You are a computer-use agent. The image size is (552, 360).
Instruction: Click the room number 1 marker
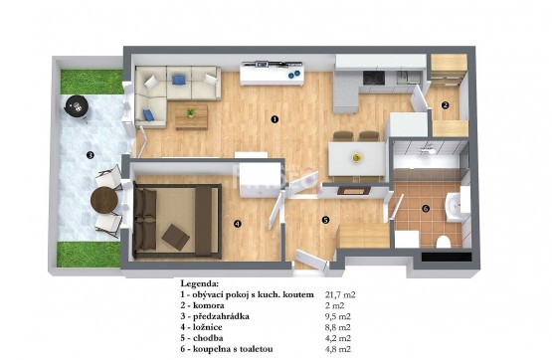[x=275, y=119]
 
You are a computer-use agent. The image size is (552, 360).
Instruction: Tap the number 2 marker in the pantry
[x=446, y=104]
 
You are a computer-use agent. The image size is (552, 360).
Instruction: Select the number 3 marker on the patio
[x=91, y=154]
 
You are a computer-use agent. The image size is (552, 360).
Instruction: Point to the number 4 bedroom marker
[x=238, y=223]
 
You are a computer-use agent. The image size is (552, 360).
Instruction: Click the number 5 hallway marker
[x=325, y=220]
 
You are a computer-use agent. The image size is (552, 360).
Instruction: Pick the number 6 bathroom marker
[x=426, y=209]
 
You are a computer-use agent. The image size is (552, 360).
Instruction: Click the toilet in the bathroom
[x=443, y=242]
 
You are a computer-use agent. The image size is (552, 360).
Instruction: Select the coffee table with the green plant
[x=191, y=116]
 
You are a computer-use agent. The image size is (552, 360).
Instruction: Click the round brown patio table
[x=104, y=200]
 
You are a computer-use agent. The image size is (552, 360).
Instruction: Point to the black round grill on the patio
[x=77, y=106]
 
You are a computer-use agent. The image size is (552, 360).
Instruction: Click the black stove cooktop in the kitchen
[x=374, y=78]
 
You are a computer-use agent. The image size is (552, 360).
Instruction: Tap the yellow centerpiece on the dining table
[x=357, y=158]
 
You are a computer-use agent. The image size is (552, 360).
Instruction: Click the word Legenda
[x=200, y=283]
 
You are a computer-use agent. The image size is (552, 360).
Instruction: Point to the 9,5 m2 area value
[x=337, y=316]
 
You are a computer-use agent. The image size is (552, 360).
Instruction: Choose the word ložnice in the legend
[x=207, y=327]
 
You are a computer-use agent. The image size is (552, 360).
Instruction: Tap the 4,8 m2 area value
[x=337, y=349]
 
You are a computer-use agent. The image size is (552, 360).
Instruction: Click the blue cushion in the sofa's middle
[x=179, y=80]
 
